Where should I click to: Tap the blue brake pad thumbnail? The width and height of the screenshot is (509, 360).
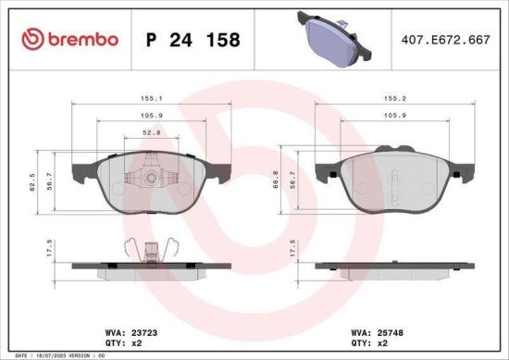click(329, 38)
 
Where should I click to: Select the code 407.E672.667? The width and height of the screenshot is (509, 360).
click(445, 40)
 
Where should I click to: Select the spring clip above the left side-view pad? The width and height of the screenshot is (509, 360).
click(154, 248)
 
